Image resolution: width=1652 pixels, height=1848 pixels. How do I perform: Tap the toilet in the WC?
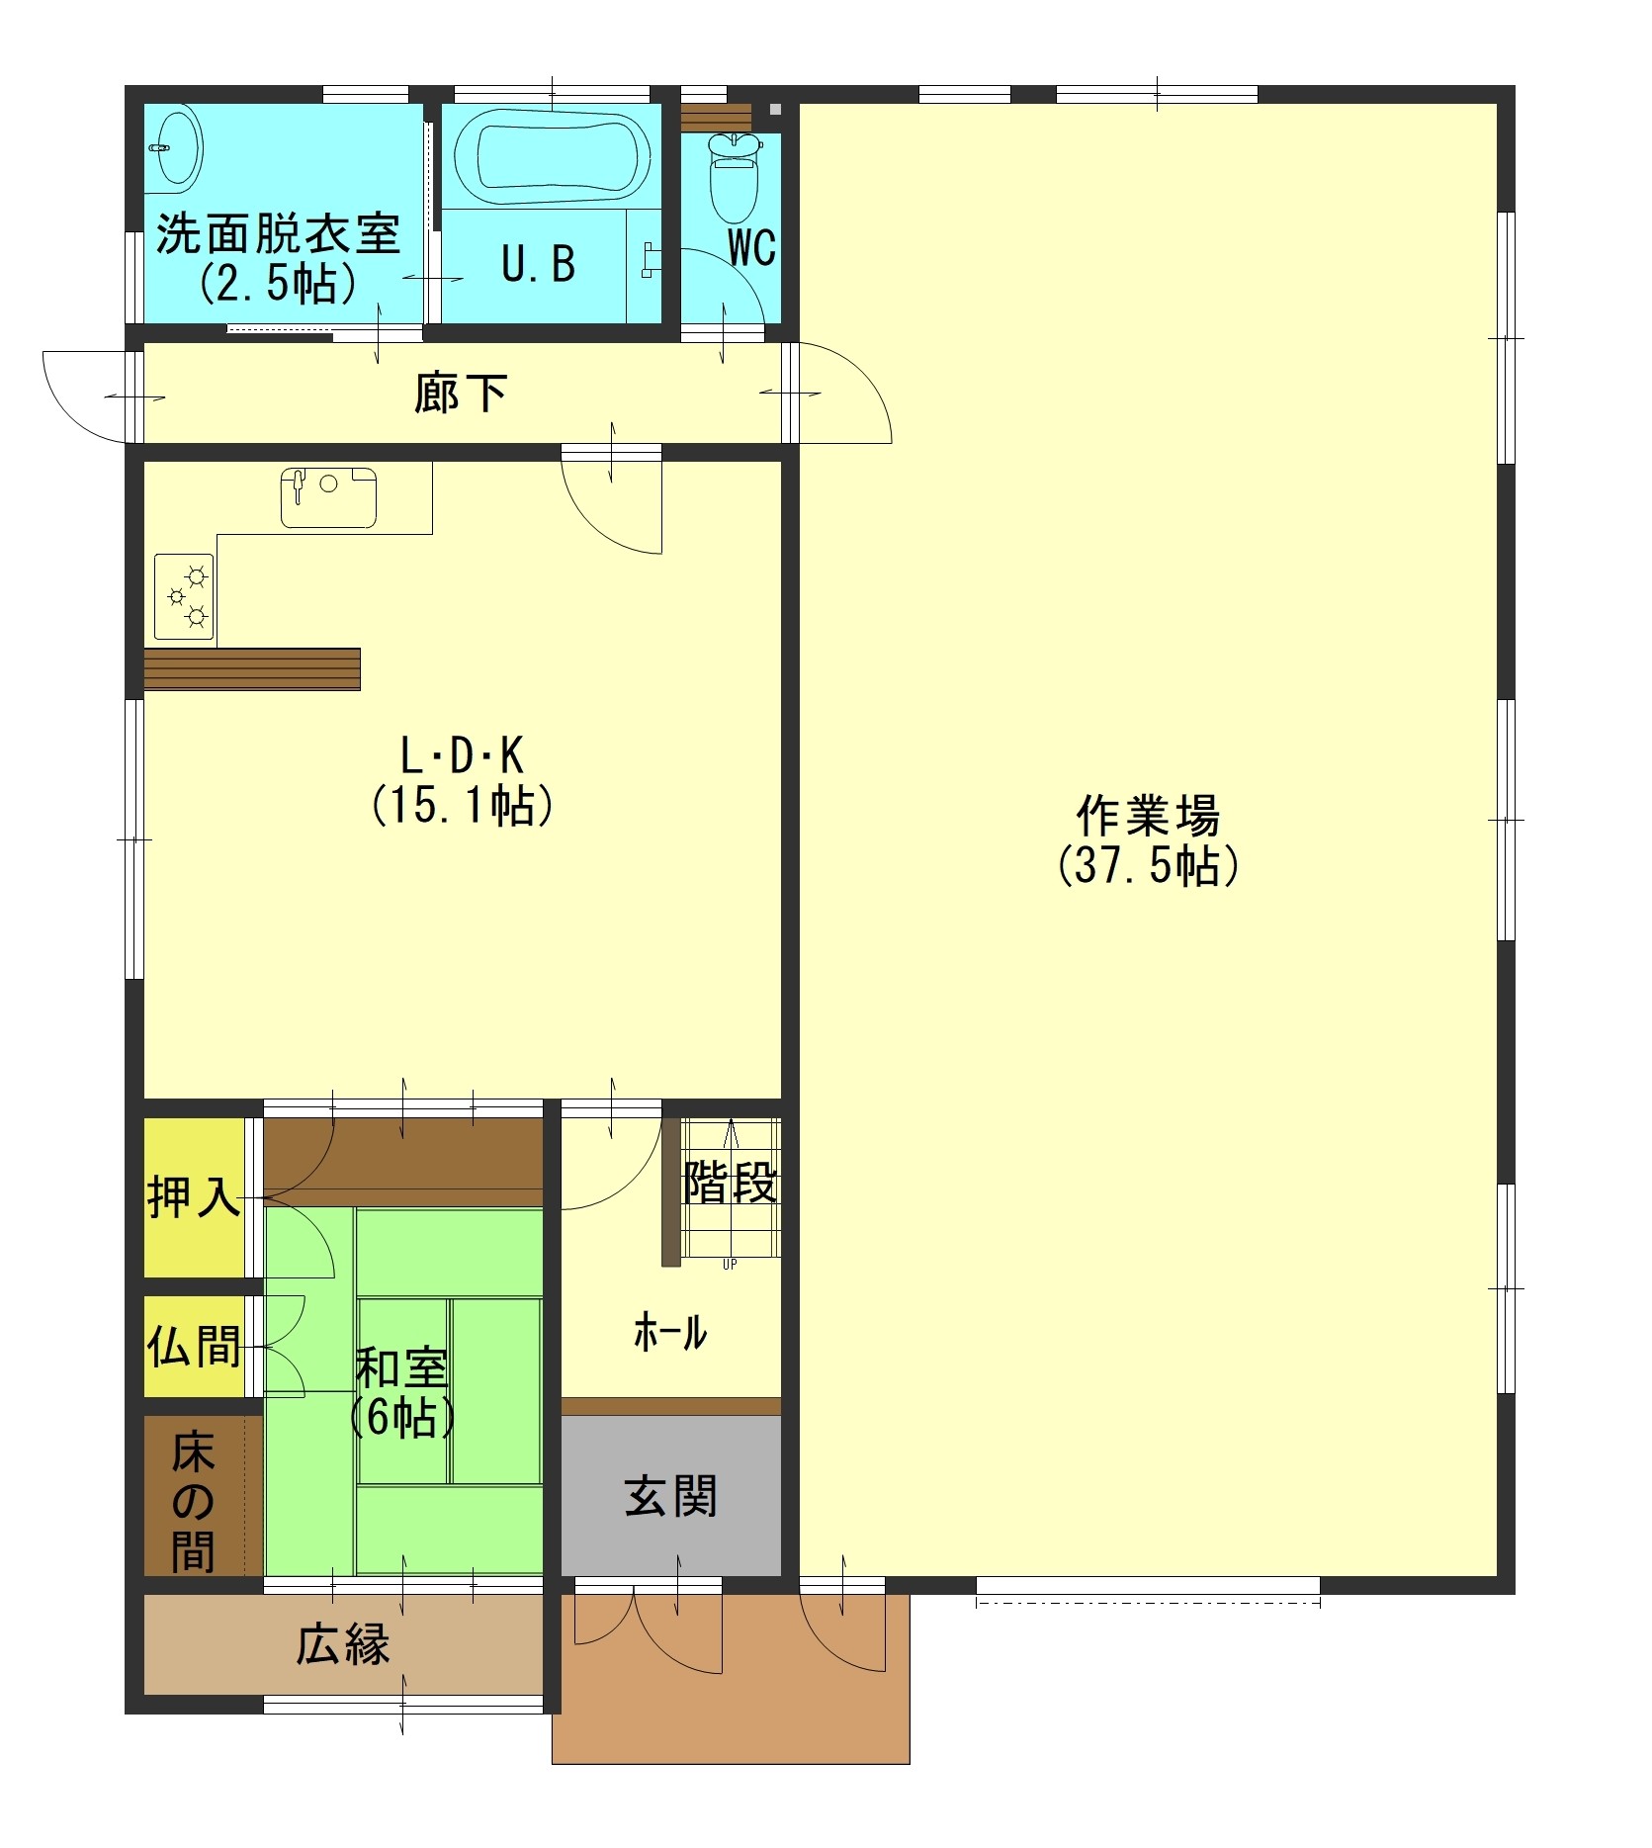click(x=734, y=178)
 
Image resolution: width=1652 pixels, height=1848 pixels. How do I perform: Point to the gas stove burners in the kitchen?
click(x=184, y=596)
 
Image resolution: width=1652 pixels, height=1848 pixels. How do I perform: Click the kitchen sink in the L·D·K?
click(x=328, y=497)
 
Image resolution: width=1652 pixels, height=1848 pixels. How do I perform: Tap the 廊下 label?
click(x=461, y=393)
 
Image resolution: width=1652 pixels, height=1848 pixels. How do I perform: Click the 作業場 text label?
click(x=1148, y=816)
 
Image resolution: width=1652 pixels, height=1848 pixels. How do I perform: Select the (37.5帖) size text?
click(x=1148, y=866)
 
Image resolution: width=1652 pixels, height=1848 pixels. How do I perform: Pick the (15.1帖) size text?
click(x=462, y=806)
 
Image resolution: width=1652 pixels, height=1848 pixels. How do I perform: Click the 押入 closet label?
click(x=194, y=1196)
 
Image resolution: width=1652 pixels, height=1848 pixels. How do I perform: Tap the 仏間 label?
click(x=194, y=1346)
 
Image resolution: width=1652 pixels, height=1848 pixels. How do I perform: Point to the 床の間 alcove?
click(x=194, y=1502)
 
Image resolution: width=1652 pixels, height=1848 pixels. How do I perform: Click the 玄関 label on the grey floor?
click(x=670, y=1496)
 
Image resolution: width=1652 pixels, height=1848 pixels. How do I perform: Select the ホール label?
click(x=670, y=1333)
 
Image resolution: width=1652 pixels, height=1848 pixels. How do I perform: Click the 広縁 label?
click(x=342, y=1644)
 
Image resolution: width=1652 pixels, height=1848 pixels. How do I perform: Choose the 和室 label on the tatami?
click(x=401, y=1369)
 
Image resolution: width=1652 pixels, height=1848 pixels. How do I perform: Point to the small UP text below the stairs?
click(x=730, y=1264)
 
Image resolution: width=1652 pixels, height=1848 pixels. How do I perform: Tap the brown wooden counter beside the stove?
click(x=252, y=669)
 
